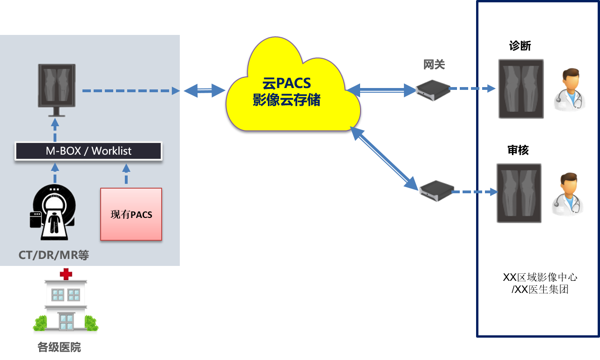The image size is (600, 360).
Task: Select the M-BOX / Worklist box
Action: pyautogui.click(x=89, y=151)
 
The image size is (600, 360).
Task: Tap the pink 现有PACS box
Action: pyautogui.click(x=131, y=214)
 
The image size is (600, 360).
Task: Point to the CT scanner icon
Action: pyautogui.click(x=53, y=212)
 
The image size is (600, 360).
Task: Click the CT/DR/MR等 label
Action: pyautogui.click(x=54, y=255)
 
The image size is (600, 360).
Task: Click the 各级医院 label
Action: pyautogui.click(x=59, y=347)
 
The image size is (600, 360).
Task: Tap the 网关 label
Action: pyautogui.click(x=434, y=64)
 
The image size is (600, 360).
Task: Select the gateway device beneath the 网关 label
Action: pyautogui.click(x=433, y=89)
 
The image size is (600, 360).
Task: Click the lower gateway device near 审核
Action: pyautogui.click(x=436, y=190)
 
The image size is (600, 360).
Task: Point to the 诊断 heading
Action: pyautogui.click(x=520, y=46)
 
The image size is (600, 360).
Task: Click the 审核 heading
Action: pyautogui.click(x=518, y=150)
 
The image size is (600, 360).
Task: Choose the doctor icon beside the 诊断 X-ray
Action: pyautogui.click(x=569, y=89)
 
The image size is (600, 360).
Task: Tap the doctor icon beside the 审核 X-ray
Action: pyautogui.click(x=567, y=194)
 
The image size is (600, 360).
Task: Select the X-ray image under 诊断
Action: pyautogui.click(x=521, y=88)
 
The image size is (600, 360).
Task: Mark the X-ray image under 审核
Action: pyautogui.click(x=519, y=192)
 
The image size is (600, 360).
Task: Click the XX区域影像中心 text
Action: pyautogui.click(x=540, y=278)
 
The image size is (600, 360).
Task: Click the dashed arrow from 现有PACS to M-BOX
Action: pyautogui.click(x=125, y=174)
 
